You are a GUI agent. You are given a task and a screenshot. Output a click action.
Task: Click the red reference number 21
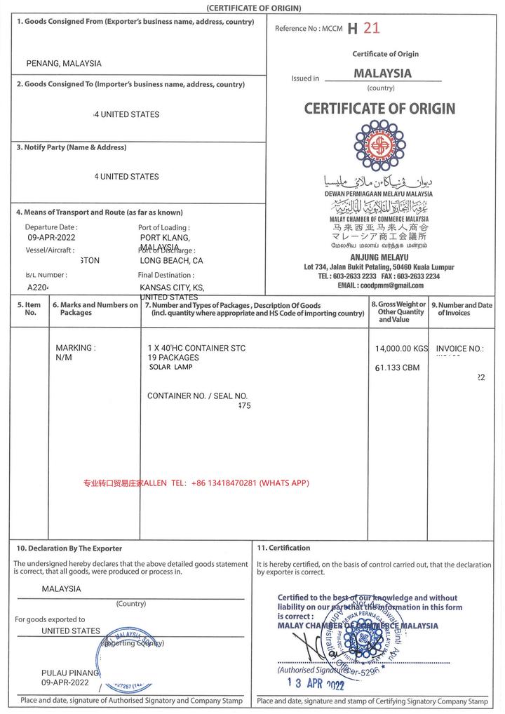click(x=372, y=28)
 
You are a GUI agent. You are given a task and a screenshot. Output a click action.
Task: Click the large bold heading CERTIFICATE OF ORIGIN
click(x=379, y=109)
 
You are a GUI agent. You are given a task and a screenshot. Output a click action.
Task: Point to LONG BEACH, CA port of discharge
click(x=171, y=260)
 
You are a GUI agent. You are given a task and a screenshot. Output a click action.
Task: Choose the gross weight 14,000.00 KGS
click(x=401, y=349)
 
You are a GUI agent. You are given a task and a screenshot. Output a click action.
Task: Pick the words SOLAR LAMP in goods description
click(x=170, y=367)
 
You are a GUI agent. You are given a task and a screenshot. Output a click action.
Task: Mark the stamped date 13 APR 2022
click(x=316, y=684)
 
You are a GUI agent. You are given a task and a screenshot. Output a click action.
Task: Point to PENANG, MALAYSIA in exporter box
click(x=64, y=63)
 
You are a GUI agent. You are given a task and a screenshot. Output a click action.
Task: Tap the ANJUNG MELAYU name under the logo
click(x=379, y=257)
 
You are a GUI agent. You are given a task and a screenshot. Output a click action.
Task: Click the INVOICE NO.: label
click(x=460, y=349)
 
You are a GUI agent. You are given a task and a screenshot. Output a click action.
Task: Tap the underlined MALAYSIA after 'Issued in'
click(x=382, y=73)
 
